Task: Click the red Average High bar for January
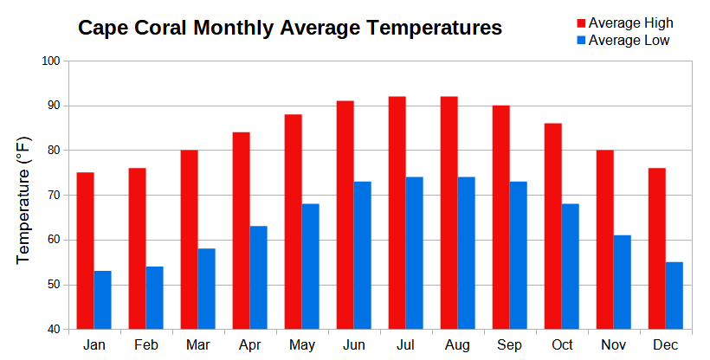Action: (x=85, y=251)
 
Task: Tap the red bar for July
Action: (x=397, y=213)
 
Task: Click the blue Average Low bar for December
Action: (x=674, y=295)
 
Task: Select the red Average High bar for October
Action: (x=552, y=226)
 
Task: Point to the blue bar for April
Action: (x=258, y=277)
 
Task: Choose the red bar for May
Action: (x=293, y=222)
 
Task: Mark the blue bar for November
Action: (x=622, y=282)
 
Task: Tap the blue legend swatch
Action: (x=581, y=41)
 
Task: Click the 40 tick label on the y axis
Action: (x=51, y=330)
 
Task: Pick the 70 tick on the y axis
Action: (x=51, y=196)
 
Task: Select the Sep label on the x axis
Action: (x=509, y=345)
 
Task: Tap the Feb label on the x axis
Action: (x=145, y=345)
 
